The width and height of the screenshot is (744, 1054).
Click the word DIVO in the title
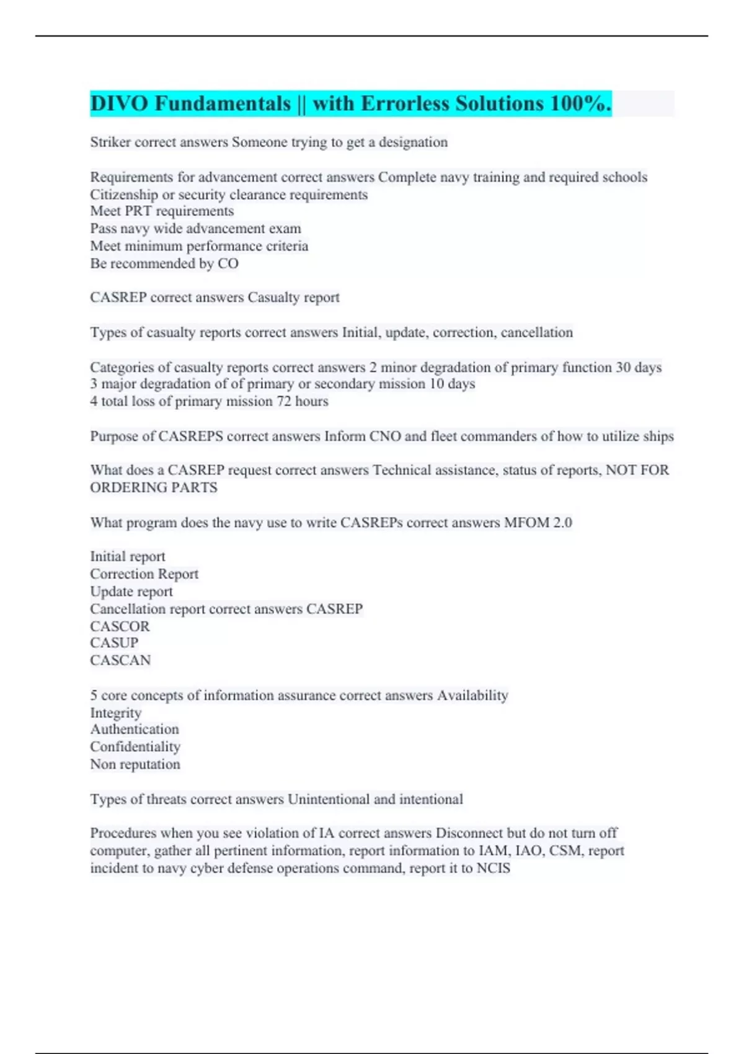[119, 104]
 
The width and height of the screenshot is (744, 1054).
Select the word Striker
[110, 143]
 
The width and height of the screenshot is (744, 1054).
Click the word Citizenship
[124, 195]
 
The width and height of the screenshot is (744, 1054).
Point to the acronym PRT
[138, 211]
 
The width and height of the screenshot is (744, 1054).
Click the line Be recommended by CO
[164, 263]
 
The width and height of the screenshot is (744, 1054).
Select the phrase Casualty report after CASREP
[293, 298]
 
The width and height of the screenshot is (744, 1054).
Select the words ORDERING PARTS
[154, 488]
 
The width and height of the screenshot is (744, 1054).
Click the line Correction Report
[144, 574]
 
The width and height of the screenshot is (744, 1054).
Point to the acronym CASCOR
[120, 626]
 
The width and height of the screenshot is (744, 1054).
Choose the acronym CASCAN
[120, 660]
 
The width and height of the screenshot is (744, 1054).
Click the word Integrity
[116, 713]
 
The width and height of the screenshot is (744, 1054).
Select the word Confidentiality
[135, 747]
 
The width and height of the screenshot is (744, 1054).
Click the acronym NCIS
[493, 868]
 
